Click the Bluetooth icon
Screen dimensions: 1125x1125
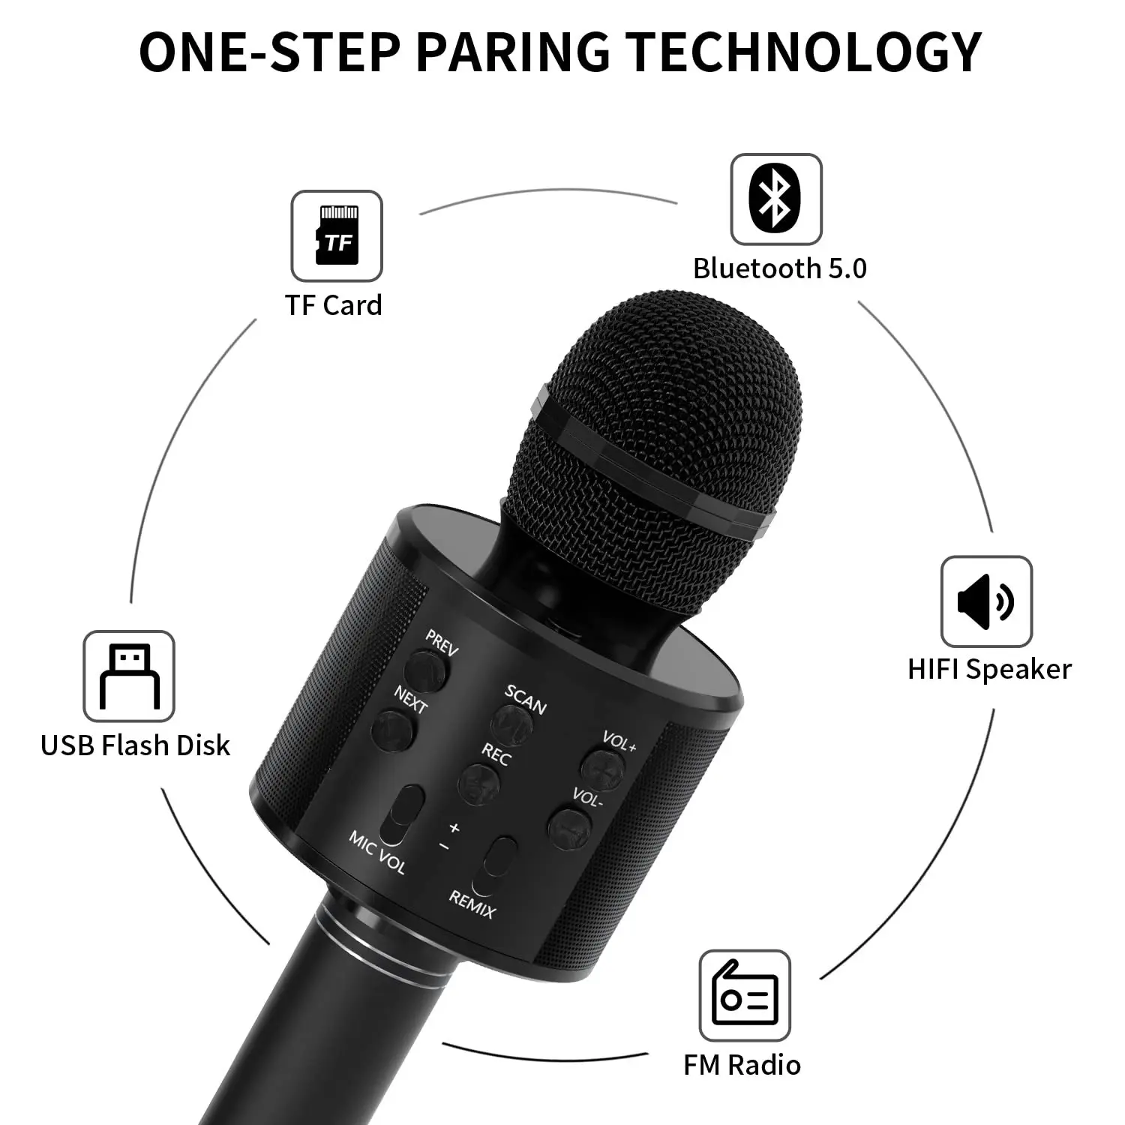pyautogui.click(x=775, y=199)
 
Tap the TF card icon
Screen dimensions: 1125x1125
pyautogui.click(x=337, y=235)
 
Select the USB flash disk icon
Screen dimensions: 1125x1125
pyautogui.click(x=129, y=676)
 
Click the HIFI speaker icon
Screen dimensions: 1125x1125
pyautogui.click(x=986, y=601)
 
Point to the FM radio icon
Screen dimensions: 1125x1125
pyautogui.click(x=745, y=995)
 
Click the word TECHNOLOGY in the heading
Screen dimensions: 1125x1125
pyautogui.click(x=803, y=52)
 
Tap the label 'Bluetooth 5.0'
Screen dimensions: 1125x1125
pyautogui.click(x=779, y=268)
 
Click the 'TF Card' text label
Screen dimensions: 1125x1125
pyautogui.click(x=333, y=305)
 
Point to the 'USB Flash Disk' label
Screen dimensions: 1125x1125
pyautogui.click(x=135, y=745)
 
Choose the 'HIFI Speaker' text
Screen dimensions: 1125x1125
pyautogui.click(x=989, y=669)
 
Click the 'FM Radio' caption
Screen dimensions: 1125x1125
pyautogui.click(x=742, y=1065)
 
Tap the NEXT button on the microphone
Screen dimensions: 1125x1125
pyautogui.click(x=393, y=730)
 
